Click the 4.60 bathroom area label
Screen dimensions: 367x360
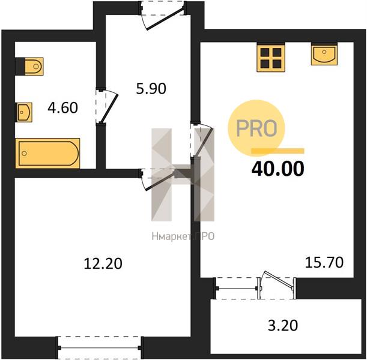click(x=62, y=108)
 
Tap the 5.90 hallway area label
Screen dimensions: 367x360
click(x=151, y=89)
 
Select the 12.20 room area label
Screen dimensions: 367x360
click(x=103, y=263)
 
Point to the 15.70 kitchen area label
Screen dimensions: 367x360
click(x=324, y=262)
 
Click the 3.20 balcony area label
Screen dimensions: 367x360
click(x=283, y=325)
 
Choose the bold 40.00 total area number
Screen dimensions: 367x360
click(x=278, y=169)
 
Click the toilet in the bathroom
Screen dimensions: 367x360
click(x=29, y=67)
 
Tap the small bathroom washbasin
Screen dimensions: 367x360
click(x=23, y=112)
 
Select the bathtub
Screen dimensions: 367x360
click(x=47, y=154)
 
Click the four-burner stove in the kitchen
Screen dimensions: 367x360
click(x=271, y=58)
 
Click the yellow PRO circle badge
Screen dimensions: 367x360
click(x=256, y=128)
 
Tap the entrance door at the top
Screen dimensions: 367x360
click(x=163, y=16)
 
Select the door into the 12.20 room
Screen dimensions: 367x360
click(x=159, y=179)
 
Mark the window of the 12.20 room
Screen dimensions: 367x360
click(x=100, y=348)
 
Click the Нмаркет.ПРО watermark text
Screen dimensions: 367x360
click(x=183, y=236)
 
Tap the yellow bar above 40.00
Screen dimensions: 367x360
click(x=278, y=151)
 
